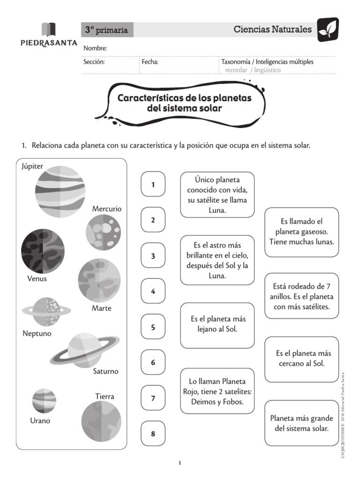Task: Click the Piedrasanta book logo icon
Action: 49,30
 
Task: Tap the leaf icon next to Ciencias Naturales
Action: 328,30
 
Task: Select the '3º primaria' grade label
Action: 106,30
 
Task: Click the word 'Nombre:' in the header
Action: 95,48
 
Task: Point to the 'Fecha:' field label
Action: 150,61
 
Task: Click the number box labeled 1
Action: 153,184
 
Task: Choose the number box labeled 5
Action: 153,327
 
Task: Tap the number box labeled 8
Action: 153,434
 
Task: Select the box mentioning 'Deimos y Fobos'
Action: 217,391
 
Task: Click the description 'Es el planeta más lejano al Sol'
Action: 217,325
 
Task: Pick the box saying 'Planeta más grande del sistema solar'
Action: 301,423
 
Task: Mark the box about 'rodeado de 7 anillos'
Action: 301,296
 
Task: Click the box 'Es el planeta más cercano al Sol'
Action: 301,359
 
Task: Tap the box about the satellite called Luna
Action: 217,195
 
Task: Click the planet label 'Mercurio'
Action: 106,209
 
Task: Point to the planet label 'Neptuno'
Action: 37,334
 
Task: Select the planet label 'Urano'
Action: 40,420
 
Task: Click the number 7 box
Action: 153,398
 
